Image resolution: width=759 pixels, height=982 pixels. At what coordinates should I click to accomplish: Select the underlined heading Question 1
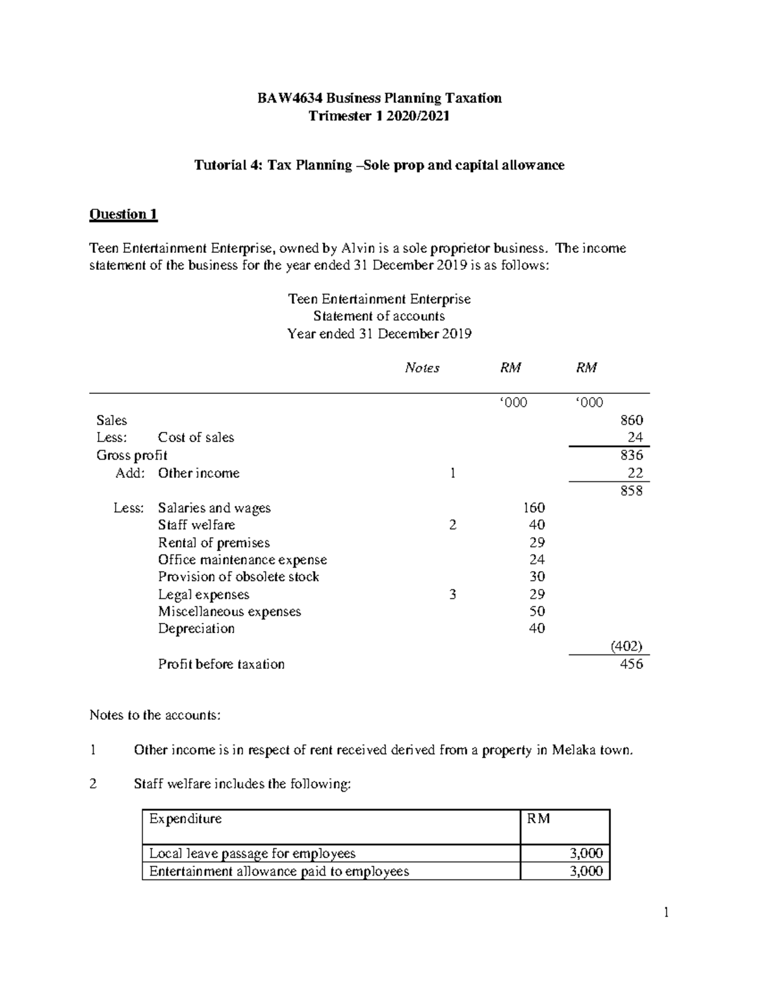[x=123, y=214]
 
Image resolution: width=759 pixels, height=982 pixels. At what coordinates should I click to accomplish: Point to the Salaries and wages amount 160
[x=534, y=508]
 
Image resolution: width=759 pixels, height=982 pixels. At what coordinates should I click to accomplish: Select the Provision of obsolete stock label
[x=238, y=577]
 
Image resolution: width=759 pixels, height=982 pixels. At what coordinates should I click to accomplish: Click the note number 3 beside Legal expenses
[x=452, y=594]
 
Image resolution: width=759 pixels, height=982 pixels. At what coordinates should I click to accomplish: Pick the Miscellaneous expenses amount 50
[x=536, y=611]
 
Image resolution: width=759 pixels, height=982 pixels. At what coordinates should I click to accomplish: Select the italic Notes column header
[x=422, y=368]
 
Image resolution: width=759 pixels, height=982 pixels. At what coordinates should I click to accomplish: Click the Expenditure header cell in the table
[x=185, y=819]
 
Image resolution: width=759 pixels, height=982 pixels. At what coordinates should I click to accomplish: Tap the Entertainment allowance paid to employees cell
[x=279, y=871]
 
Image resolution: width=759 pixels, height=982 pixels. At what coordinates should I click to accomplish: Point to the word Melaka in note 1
[x=572, y=751]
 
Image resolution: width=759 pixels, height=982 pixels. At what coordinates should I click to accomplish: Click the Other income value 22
[x=635, y=473]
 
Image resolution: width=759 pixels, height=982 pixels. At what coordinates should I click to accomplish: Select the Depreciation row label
[x=196, y=629]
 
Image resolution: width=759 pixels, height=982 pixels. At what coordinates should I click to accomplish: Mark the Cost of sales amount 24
[x=635, y=438]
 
